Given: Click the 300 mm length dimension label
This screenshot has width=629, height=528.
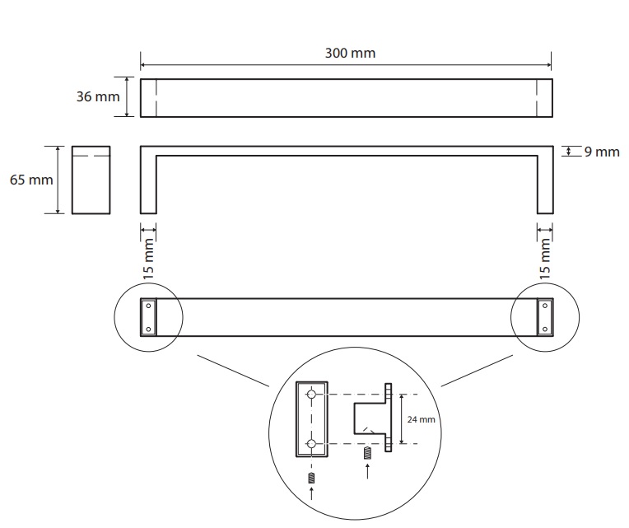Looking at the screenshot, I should pyautogui.click(x=351, y=53).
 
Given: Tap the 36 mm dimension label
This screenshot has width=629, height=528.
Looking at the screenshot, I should pyautogui.click(x=98, y=96).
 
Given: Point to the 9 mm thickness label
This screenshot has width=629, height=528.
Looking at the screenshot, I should pyautogui.click(x=601, y=152).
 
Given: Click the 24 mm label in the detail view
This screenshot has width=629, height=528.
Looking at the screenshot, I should pyautogui.click(x=421, y=419).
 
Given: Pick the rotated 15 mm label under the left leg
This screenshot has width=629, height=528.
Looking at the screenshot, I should pyautogui.click(x=149, y=257).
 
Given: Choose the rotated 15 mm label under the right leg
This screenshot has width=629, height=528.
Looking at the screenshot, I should pyautogui.click(x=545, y=257).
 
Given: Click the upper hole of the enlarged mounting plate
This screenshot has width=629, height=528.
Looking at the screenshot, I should pyautogui.click(x=312, y=395).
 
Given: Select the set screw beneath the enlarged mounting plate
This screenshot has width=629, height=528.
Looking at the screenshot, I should pyautogui.click(x=312, y=478).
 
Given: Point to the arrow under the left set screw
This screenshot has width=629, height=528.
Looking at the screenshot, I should pyautogui.click(x=312, y=495).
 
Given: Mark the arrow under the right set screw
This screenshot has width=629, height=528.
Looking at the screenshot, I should pyautogui.click(x=367, y=474).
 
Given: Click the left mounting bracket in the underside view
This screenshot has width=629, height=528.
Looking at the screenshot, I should pyautogui.click(x=148, y=317).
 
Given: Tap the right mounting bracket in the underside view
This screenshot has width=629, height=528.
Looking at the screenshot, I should pyautogui.click(x=544, y=317).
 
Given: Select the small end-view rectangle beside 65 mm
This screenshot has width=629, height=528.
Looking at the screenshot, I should pyautogui.click(x=91, y=180).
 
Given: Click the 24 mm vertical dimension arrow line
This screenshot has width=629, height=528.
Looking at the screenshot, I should pyautogui.click(x=402, y=419).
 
